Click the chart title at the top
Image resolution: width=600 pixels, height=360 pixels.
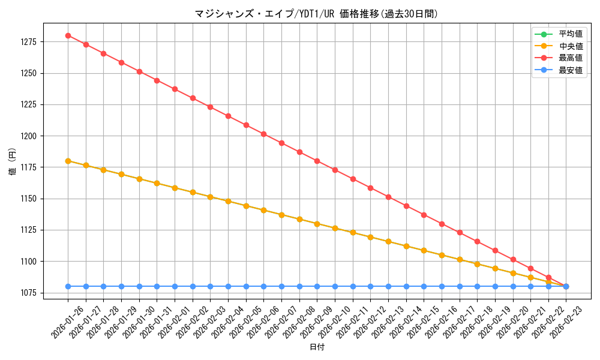click(x=316, y=14)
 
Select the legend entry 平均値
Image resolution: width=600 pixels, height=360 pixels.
click(x=571, y=34)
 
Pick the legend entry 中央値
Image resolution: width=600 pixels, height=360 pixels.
click(x=571, y=46)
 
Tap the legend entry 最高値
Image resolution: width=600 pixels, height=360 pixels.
click(x=571, y=58)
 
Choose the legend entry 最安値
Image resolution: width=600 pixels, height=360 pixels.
click(x=571, y=70)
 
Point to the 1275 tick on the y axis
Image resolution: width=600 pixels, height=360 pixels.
click(x=29, y=42)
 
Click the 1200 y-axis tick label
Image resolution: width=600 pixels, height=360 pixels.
click(x=29, y=136)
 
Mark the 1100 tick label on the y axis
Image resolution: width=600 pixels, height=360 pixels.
click(x=29, y=262)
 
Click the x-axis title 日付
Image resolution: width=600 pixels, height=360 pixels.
click(x=317, y=347)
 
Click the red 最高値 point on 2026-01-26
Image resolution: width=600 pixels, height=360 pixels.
click(x=68, y=35)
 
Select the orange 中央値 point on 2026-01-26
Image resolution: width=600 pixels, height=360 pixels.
click(x=68, y=161)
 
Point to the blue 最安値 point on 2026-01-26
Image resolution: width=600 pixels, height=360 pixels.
click(x=68, y=286)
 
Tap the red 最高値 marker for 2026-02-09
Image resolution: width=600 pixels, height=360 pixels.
click(x=317, y=161)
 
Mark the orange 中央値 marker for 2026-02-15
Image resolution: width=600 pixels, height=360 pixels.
click(x=424, y=250)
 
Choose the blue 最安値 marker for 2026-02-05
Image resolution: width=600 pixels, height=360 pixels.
click(x=246, y=286)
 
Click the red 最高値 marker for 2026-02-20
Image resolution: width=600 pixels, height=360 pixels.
click(x=513, y=260)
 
